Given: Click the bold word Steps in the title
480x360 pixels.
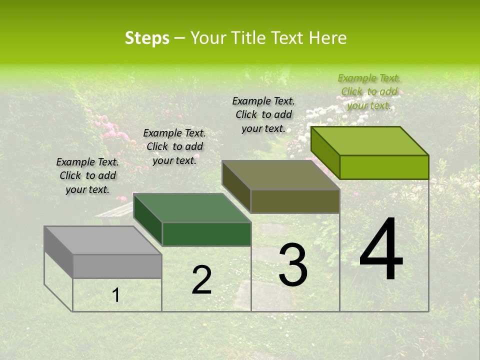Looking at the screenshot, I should pos(147,38).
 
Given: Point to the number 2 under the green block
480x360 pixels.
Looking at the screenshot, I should pos(201,280).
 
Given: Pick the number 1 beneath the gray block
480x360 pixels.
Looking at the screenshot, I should pos(116,295).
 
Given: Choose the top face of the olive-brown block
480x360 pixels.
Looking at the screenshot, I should pos(280,175).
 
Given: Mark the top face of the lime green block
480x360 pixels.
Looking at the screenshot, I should pos(369,141).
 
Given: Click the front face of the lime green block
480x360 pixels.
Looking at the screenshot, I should pos(384,167).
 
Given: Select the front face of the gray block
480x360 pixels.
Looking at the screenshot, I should pos(117,266).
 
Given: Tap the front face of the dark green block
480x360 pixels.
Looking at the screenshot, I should pos(206,234).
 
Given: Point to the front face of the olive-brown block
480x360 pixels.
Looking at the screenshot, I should pos(295,201).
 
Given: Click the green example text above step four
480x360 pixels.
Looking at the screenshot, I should pos(369,91).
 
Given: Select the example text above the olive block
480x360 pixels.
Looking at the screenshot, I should pos(263,114).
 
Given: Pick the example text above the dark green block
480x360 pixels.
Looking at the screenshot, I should pos(174,146).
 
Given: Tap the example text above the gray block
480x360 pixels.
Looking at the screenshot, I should pos(87,175).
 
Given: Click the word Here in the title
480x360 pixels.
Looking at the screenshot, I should pos(327,38).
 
